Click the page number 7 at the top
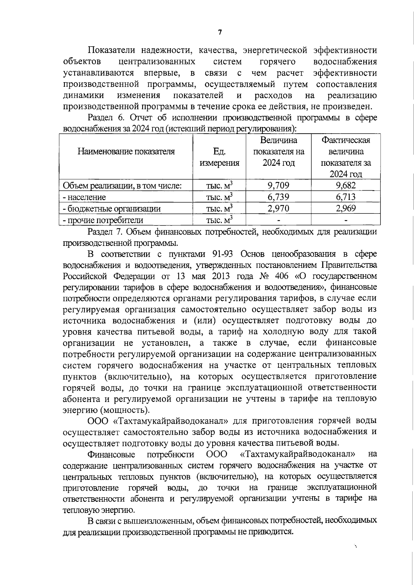[x=220, y=32]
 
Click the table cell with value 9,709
[x=278, y=185]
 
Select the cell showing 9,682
[x=345, y=185]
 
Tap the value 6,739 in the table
[x=278, y=197]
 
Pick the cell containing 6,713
[x=345, y=197]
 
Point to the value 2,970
[x=278, y=208]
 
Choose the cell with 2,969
[x=345, y=208]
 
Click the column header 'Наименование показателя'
[x=126, y=151]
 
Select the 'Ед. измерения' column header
[x=219, y=157]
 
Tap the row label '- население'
[x=84, y=197]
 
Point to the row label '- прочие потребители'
[x=102, y=220]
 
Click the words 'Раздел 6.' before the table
[x=106, y=118]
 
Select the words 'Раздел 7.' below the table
[x=106, y=231]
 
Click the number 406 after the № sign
[x=283, y=277]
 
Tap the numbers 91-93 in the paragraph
[x=221, y=254]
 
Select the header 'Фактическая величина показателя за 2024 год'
[x=345, y=157]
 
